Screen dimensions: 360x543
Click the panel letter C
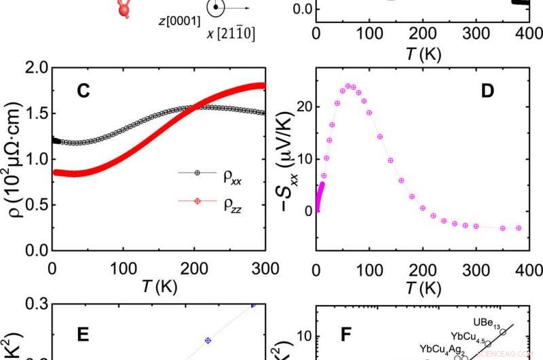coord(83,92)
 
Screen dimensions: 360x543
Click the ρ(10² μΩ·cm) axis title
coord(12,159)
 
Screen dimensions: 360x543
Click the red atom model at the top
coord(124,8)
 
